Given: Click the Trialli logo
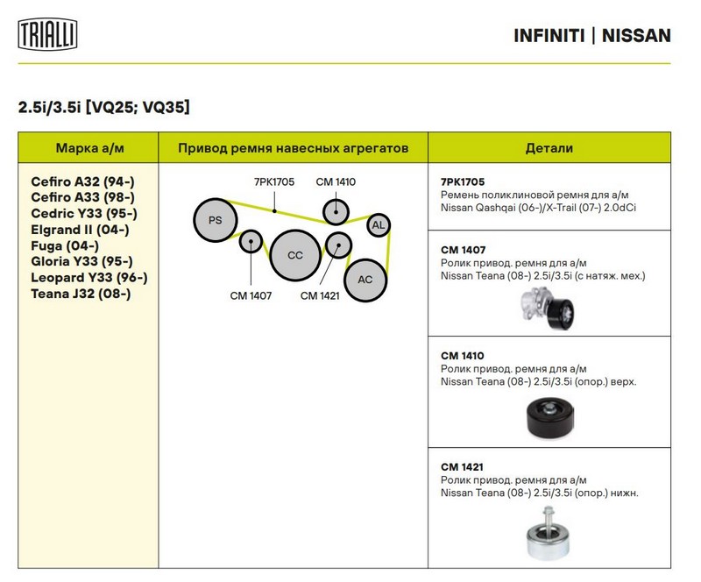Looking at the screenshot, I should point(47,35).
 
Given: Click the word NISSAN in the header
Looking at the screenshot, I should point(638,36).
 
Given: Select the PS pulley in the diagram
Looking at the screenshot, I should point(216,221).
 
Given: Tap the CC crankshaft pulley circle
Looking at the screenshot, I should point(295,255).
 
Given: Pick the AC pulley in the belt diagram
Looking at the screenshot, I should point(365,280).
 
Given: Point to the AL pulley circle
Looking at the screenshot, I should point(379,225).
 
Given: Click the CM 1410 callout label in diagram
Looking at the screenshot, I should point(336,182).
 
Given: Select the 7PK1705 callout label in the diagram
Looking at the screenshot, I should point(274,182).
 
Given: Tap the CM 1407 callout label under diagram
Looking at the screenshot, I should point(251,295).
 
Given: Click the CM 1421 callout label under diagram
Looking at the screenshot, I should point(321,295).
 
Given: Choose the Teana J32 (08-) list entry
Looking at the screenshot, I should point(81,294).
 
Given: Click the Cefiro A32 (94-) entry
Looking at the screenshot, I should point(83,181).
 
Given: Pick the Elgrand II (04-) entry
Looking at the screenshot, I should point(80,230).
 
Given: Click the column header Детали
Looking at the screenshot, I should point(549,148).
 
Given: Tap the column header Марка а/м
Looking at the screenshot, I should point(89,148).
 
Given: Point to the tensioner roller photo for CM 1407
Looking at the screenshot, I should point(544,309).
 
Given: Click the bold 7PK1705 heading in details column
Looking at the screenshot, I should point(463,181).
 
